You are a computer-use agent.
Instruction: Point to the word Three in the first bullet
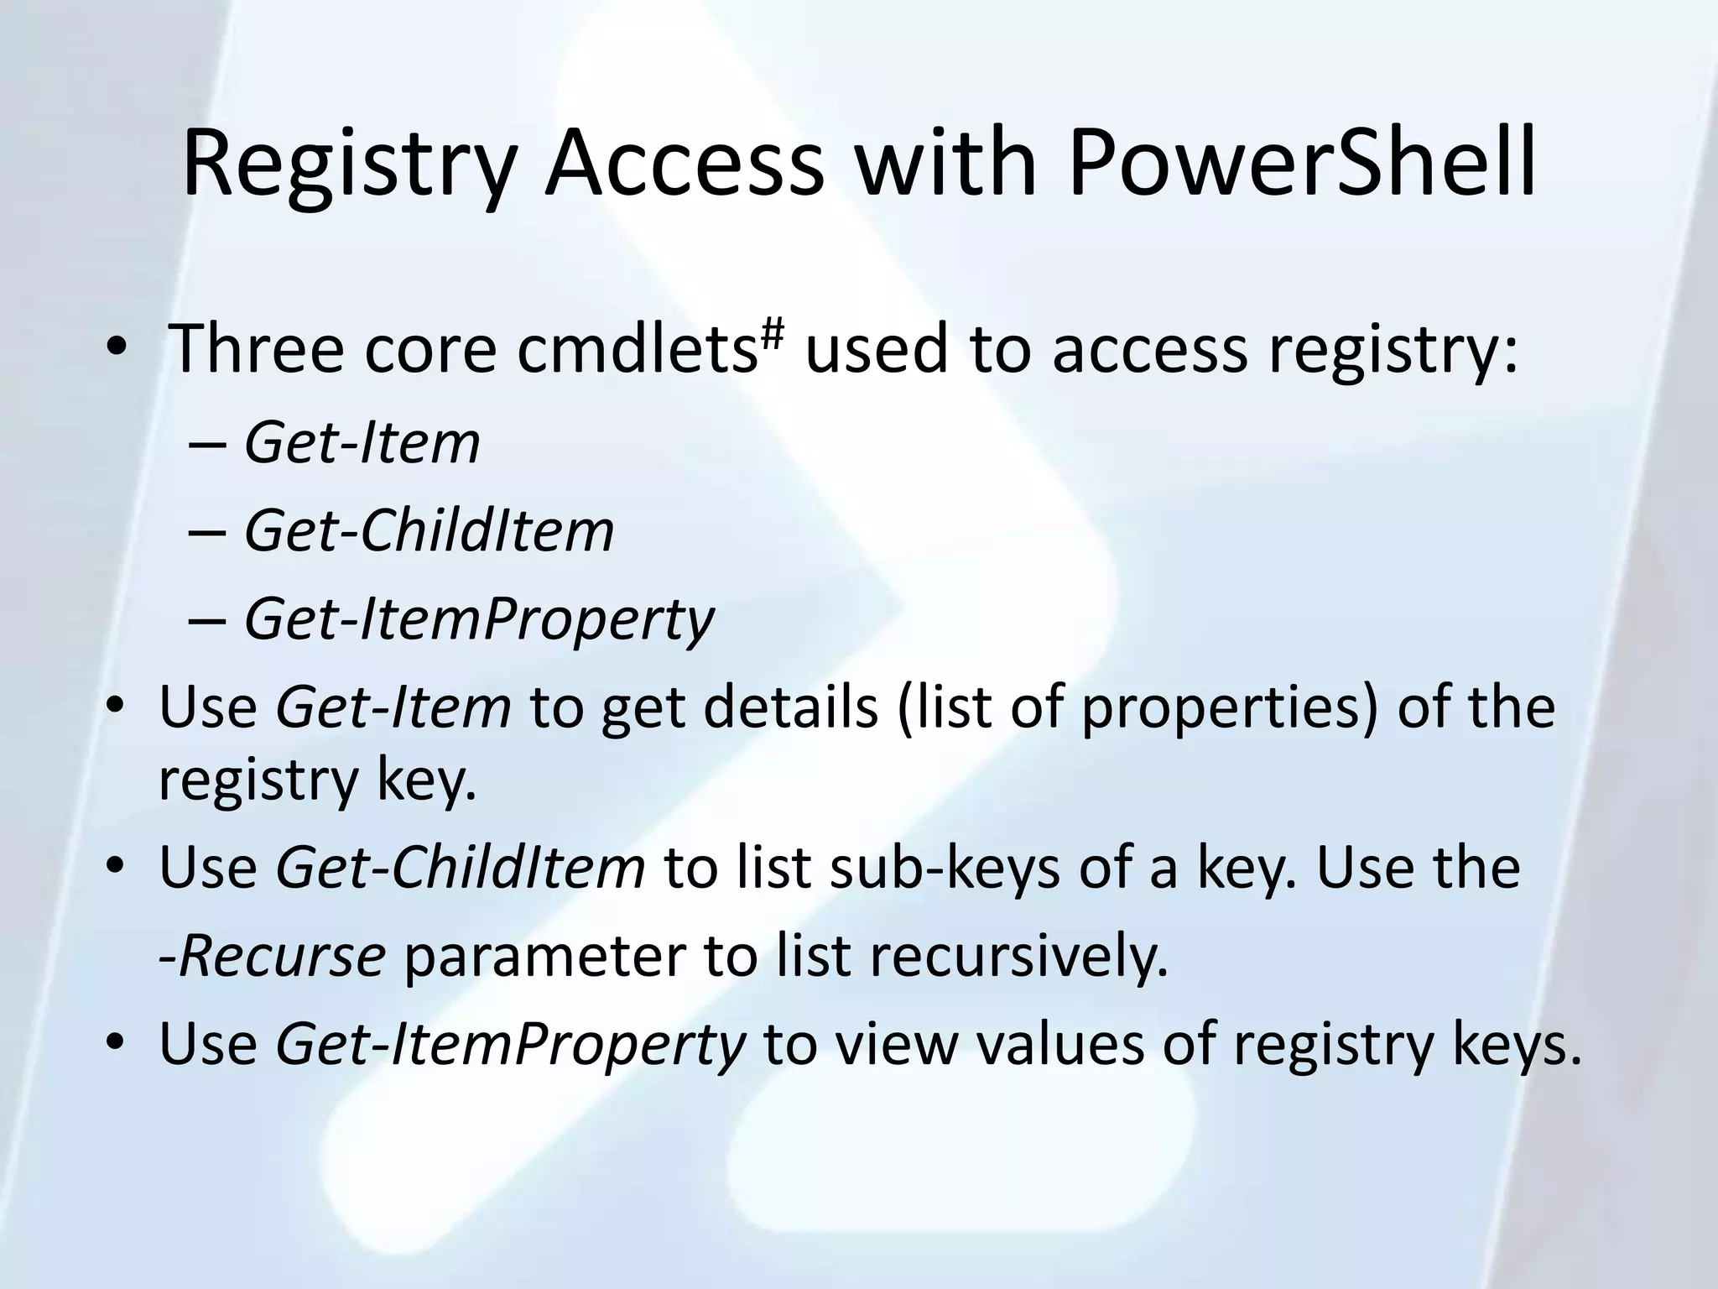pos(256,348)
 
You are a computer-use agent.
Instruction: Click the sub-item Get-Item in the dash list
pos(362,443)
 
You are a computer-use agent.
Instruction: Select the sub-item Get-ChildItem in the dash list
pos(429,531)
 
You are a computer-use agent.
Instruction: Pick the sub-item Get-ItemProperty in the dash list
pos(478,619)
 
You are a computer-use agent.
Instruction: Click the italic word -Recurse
pos(272,956)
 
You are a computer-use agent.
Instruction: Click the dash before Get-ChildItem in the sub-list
pos(206,532)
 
